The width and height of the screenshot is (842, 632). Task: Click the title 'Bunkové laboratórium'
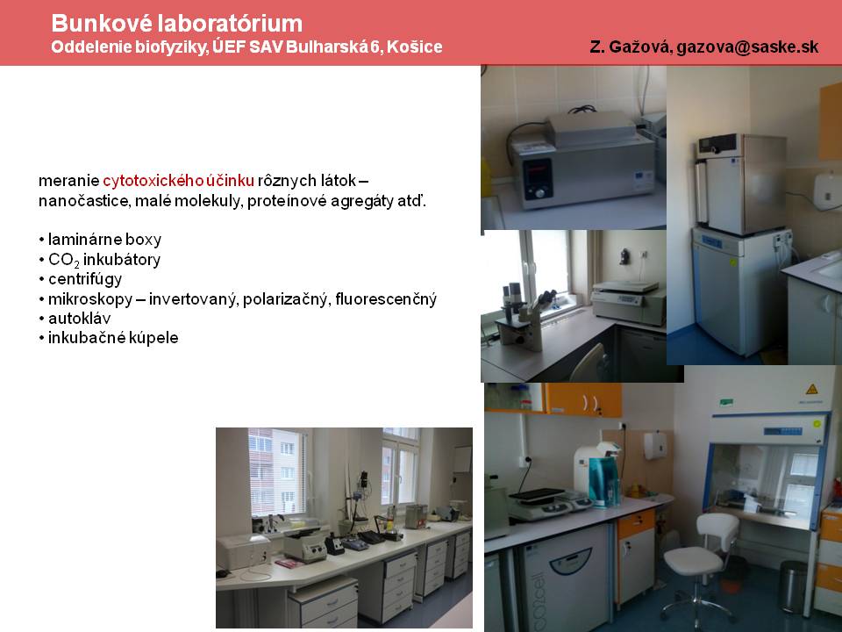click(176, 23)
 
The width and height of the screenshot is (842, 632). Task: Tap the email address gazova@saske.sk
click(747, 47)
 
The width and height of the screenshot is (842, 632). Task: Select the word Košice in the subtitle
click(415, 47)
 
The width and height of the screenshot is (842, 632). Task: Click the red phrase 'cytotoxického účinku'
click(178, 180)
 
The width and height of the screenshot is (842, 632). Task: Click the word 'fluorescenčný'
click(386, 298)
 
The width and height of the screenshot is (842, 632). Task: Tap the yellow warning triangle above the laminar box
click(811, 389)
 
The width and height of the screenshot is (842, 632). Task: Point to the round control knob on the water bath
click(539, 192)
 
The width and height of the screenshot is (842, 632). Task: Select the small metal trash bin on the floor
click(793, 586)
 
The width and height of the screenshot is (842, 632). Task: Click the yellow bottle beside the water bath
click(486, 178)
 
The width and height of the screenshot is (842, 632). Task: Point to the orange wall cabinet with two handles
click(584, 400)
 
